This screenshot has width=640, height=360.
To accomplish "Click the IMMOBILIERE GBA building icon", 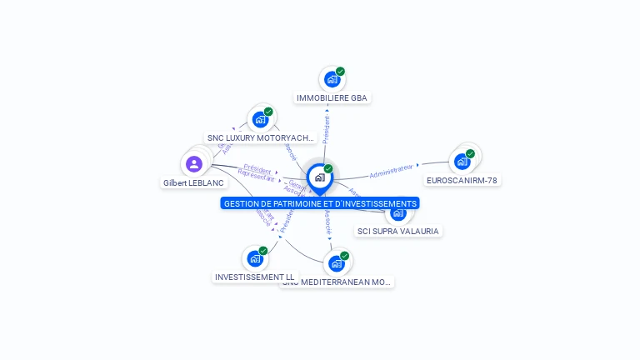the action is [332, 80].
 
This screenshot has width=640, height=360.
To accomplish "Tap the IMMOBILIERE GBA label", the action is [332, 98].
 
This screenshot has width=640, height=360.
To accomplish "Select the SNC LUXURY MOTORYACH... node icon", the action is [260, 120].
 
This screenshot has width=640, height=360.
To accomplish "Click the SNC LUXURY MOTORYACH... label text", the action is [261, 138].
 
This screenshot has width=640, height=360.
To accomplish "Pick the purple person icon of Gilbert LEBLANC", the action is [194, 163].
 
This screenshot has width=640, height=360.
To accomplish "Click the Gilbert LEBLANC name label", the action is [194, 183].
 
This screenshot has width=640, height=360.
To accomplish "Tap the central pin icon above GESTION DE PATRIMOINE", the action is [319, 177].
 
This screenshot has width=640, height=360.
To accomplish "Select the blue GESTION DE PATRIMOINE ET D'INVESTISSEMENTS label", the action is [320, 203].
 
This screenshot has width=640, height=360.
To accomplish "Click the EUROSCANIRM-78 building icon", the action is [462, 162].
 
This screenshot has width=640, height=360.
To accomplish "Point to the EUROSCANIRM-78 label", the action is [462, 180].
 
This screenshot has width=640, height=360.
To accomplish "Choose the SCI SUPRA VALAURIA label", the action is [398, 231].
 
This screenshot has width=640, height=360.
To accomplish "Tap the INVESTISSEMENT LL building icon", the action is [254, 259].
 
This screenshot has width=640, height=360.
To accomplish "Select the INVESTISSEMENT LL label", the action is [255, 277].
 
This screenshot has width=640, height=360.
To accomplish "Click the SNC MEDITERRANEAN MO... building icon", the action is [336, 263].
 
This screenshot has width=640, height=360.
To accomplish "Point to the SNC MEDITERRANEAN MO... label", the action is [337, 282].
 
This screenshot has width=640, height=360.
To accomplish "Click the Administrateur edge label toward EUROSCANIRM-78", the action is [392, 171].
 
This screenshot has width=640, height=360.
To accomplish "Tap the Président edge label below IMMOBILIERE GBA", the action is [326, 130].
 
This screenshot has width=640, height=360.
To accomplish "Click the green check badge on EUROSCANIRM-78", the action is [470, 153].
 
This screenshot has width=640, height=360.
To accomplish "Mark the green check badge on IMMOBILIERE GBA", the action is [340, 72].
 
